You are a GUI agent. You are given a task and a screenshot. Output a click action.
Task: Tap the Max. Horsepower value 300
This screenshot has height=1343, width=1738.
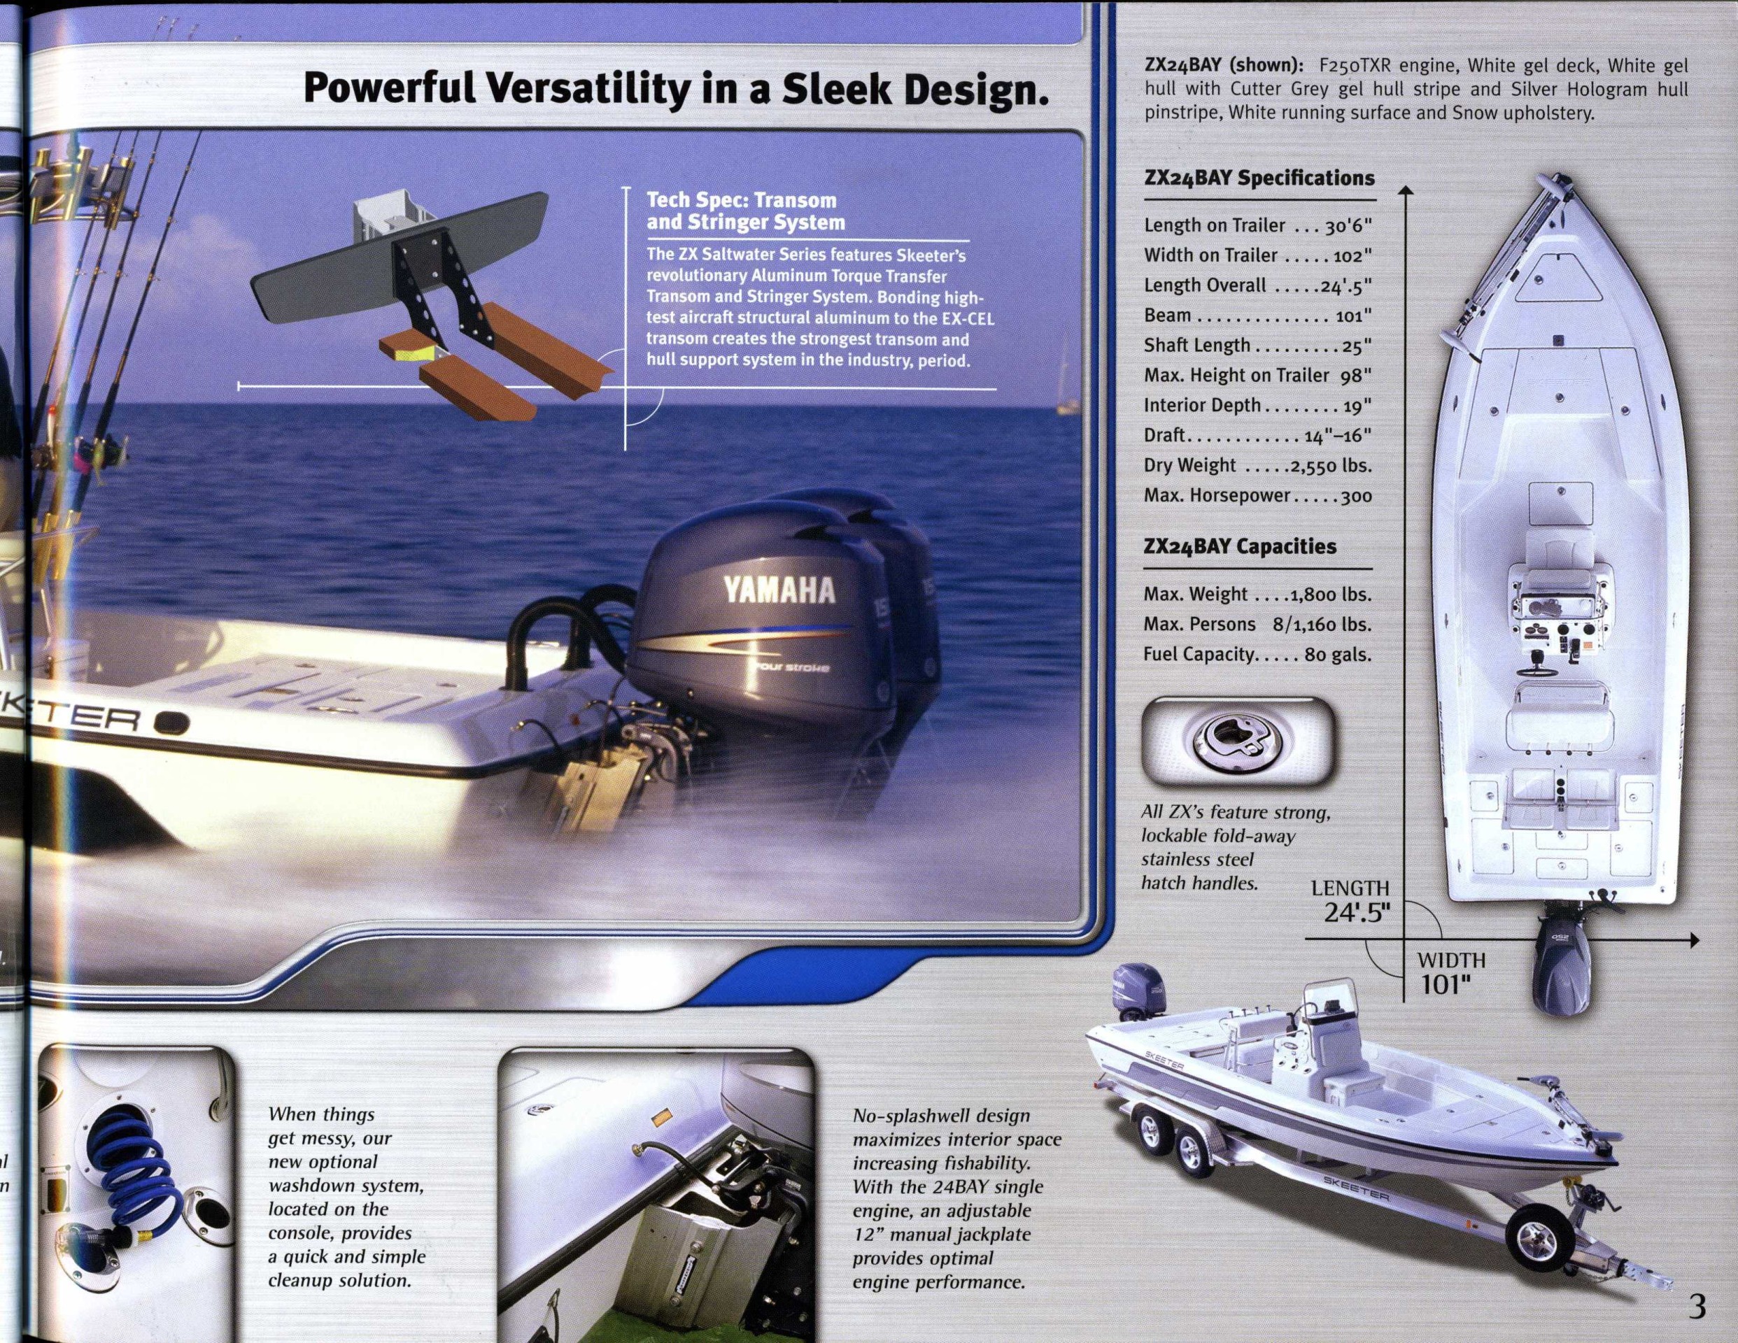(1356, 497)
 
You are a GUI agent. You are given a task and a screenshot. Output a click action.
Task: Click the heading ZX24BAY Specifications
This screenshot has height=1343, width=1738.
(1259, 178)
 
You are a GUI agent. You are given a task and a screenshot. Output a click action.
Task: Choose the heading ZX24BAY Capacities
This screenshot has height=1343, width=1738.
(1240, 546)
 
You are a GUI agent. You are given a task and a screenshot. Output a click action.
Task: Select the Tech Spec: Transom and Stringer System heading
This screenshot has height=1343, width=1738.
(746, 211)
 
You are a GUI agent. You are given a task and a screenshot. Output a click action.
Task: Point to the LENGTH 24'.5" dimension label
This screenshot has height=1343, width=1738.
(1350, 900)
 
